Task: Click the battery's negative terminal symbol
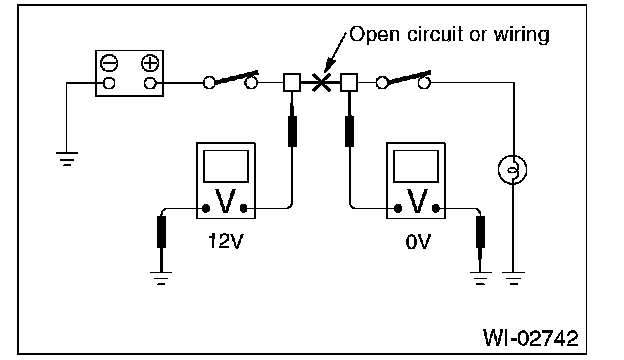(x=109, y=63)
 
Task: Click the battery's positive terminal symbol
(x=150, y=63)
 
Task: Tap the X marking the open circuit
(x=321, y=82)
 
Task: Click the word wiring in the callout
(x=522, y=35)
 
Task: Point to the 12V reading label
(x=226, y=241)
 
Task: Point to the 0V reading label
(x=418, y=241)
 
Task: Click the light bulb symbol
(x=513, y=169)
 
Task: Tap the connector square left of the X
(x=292, y=83)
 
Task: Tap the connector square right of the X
(x=349, y=83)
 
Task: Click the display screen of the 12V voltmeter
(x=226, y=166)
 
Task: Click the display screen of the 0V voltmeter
(x=416, y=166)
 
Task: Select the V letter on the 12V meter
(x=225, y=202)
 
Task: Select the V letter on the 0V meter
(x=417, y=202)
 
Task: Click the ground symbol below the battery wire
(x=67, y=158)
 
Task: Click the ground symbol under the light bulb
(x=513, y=278)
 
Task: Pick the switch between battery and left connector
(x=231, y=80)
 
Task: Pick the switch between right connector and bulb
(x=403, y=80)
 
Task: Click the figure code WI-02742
(x=530, y=338)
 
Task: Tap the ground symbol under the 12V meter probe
(x=161, y=278)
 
